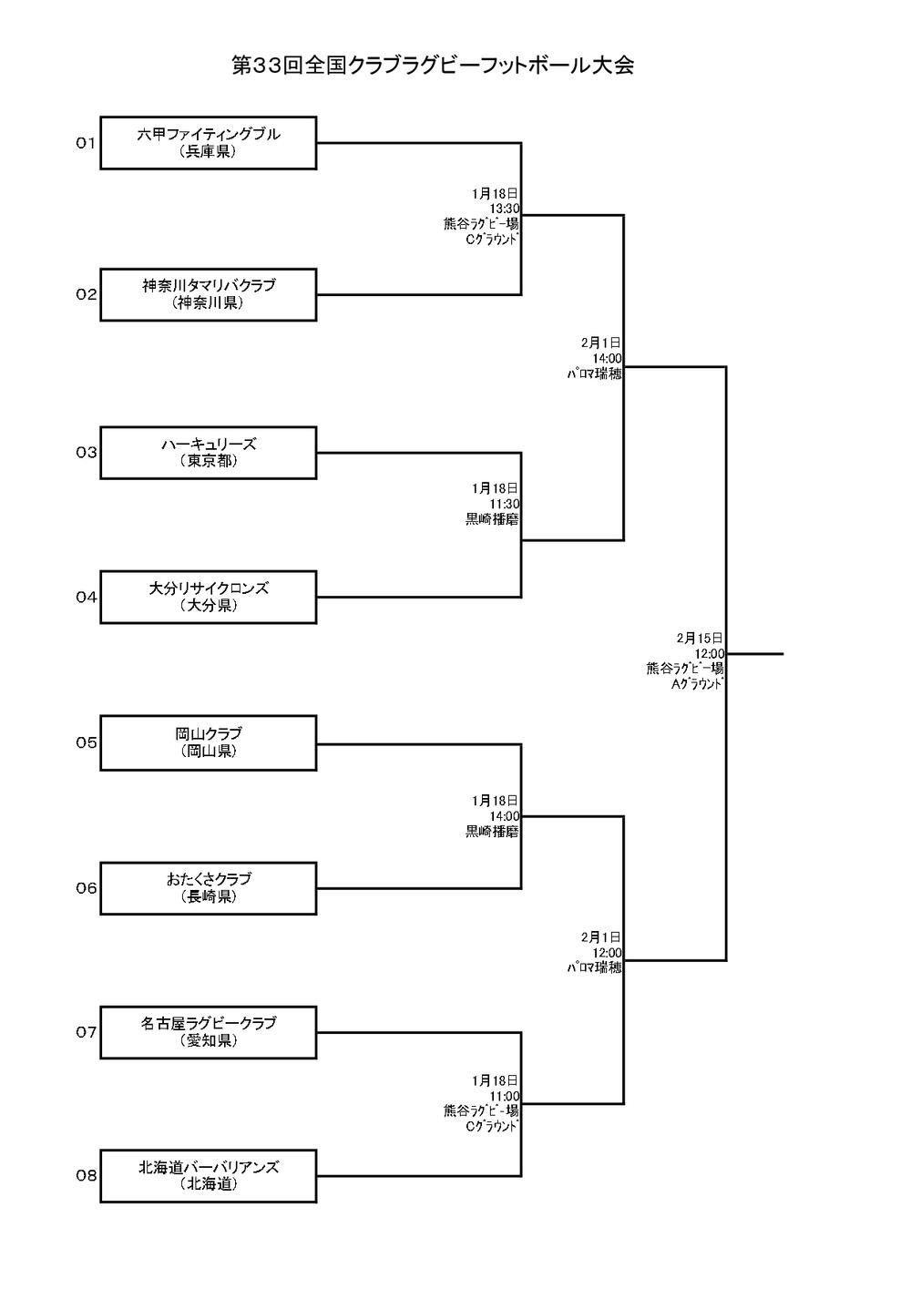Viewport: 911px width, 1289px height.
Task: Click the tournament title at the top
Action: coord(433,66)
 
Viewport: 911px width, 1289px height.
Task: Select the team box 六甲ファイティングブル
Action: coord(209,143)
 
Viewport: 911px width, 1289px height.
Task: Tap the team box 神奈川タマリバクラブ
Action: coord(209,294)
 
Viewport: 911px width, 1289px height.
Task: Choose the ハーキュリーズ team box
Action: coord(209,453)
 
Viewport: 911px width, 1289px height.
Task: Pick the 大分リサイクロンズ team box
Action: coord(209,597)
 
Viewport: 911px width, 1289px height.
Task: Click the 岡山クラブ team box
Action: coord(209,742)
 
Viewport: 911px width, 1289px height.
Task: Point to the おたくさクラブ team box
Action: coord(209,888)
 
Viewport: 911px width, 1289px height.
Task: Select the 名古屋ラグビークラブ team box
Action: coord(209,1032)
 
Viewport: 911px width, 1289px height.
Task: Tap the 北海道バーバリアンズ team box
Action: coord(209,1176)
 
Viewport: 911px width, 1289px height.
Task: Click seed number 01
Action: coord(86,143)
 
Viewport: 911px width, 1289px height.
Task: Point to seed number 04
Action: coord(86,598)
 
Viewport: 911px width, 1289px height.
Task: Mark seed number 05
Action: coord(86,742)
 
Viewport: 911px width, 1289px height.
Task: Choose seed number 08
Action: coord(86,1176)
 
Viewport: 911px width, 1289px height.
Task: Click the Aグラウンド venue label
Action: coord(697,683)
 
